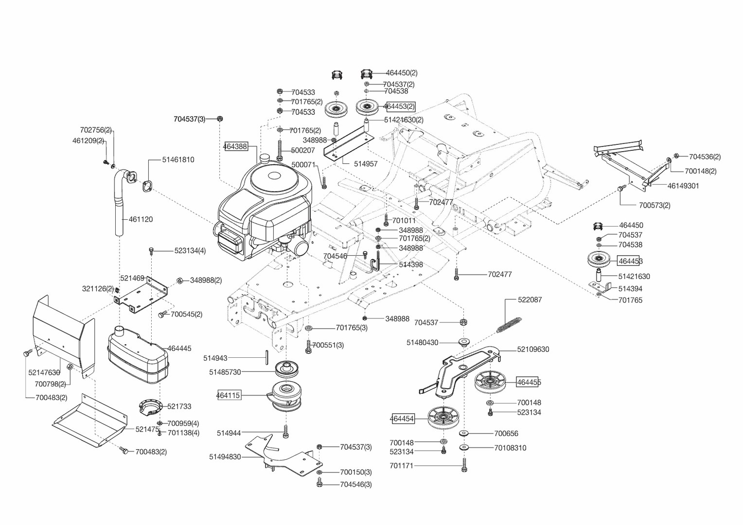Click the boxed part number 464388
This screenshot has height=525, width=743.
coord(235,146)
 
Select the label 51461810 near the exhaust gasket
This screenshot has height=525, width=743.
coord(178,159)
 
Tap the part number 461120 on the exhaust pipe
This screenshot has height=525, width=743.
coord(141,219)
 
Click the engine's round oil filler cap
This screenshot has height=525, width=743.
coord(265,158)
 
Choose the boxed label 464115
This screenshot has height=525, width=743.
coord(228,395)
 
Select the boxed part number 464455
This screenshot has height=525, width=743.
coord(529,382)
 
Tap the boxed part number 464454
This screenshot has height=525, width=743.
coord(402,419)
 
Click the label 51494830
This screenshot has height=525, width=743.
coord(225,457)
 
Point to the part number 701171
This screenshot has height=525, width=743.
coord(401,466)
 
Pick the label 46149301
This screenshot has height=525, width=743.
coord(683,186)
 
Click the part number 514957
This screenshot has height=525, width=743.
coord(366,164)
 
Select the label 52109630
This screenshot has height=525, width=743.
coord(533,350)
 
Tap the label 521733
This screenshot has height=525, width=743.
coord(179,406)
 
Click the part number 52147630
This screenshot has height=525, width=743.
coord(44,373)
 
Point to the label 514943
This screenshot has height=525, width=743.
coord(215,358)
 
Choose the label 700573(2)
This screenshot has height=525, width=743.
coord(655,205)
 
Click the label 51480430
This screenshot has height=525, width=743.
coord(422,343)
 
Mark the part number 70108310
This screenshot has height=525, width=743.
coord(510,448)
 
